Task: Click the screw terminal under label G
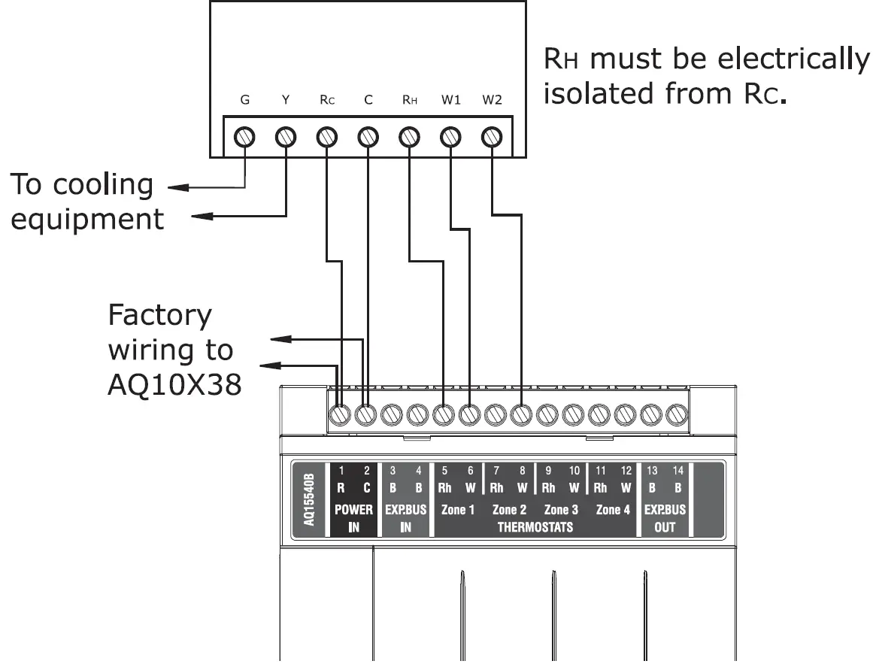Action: tap(244, 138)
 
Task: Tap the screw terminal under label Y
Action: tap(285, 138)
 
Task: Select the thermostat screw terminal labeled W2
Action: tap(491, 138)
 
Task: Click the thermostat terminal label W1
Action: tap(450, 101)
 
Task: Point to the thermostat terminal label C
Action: tap(368, 101)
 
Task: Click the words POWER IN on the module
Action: tap(353, 518)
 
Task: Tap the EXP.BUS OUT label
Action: tap(665, 518)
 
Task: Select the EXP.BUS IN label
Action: tap(406, 518)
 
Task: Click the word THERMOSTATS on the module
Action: tap(535, 527)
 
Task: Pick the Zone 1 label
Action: tap(457, 510)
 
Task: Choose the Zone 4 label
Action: tap(613, 510)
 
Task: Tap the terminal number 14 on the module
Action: tap(677, 471)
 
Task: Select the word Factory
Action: tap(160, 315)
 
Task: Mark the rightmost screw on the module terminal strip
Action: tap(676, 414)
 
